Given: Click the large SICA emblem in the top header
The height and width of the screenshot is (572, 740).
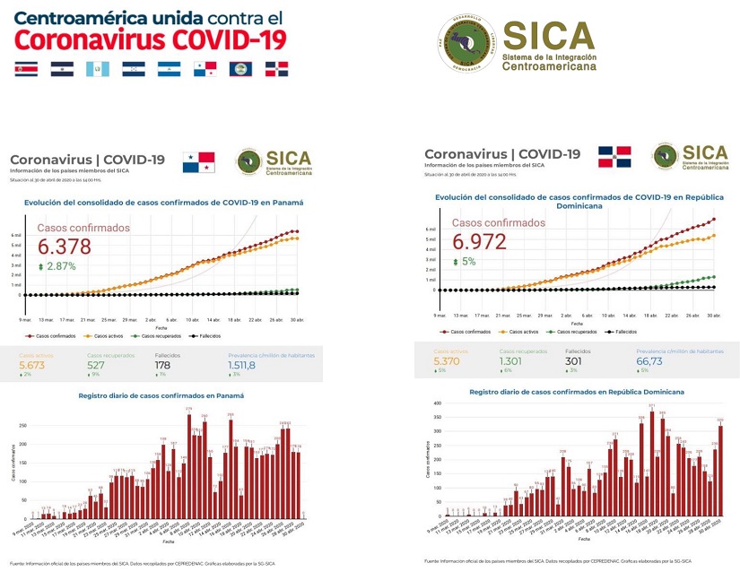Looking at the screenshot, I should pyautogui.click(x=466, y=45).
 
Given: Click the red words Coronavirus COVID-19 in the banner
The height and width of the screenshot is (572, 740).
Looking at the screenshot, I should pyautogui.click(x=152, y=39).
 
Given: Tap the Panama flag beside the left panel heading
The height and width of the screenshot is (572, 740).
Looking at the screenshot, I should pyautogui.click(x=199, y=161).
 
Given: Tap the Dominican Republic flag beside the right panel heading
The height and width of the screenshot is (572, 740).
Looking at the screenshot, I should pyautogui.click(x=614, y=157).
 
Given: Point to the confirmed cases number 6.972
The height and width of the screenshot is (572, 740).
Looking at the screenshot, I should pyautogui.click(x=479, y=242).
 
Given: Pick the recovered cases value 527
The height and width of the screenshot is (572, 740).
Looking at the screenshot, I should pyautogui.click(x=96, y=365).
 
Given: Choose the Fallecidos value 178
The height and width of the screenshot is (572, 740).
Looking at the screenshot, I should pyautogui.click(x=162, y=365).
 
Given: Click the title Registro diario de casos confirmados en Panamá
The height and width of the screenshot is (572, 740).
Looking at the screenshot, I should pyautogui.click(x=161, y=394).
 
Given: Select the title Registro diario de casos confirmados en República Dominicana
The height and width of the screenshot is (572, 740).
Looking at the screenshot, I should pyautogui.click(x=577, y=392).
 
